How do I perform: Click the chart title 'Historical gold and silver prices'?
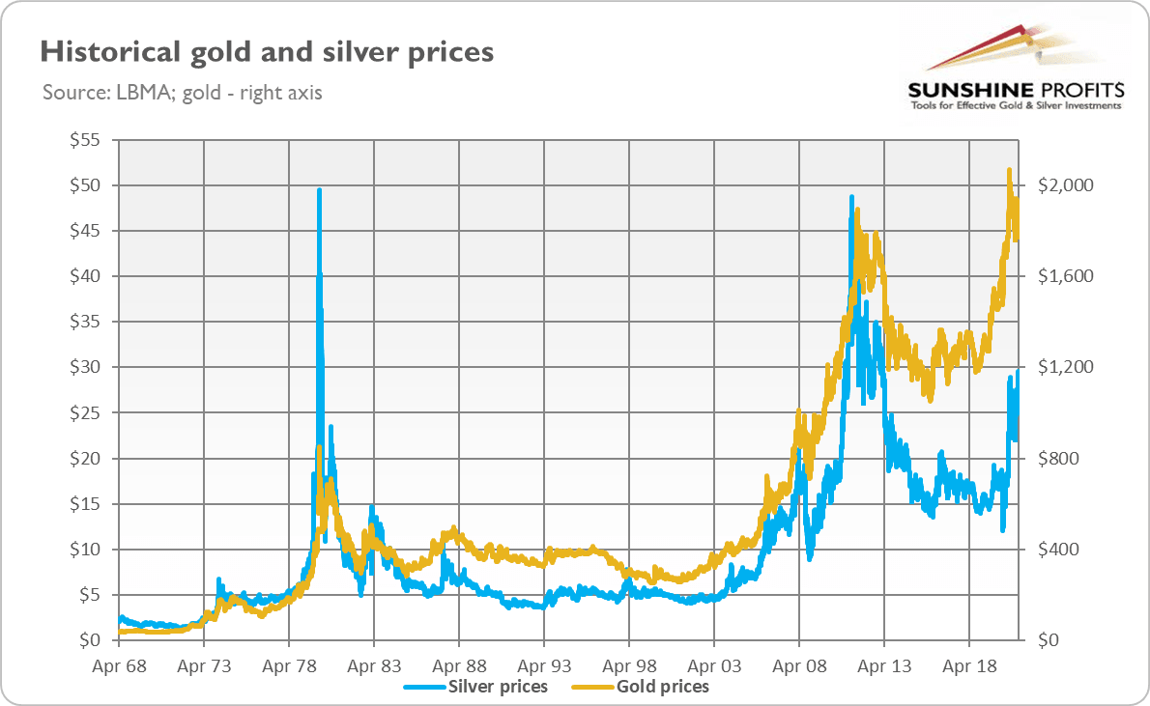click(x=266, y=51)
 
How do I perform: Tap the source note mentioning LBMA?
click(x=183, y=94)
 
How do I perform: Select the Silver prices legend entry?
click(x=497, y=687)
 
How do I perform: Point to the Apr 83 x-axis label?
click(x=374, y=665)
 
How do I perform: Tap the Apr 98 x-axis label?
click(x=629, y=665)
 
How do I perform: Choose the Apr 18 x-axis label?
click(x=969, y=665)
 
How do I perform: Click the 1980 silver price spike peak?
click(x=319, y=190)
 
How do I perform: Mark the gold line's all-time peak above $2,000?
click(x=1009, y=170)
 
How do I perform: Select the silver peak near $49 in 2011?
click(x=851, y=197)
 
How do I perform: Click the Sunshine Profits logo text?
click(x=1016, y=91)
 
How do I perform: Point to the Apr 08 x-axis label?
click(x=799, y=665)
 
